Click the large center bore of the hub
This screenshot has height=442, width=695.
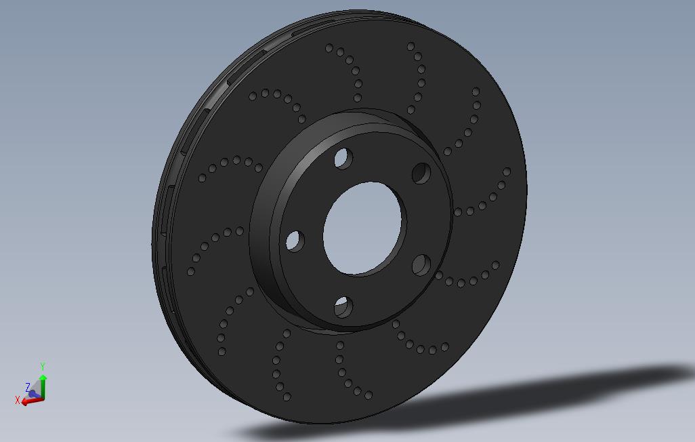(362, 228)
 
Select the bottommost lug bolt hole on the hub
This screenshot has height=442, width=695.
(343, 308)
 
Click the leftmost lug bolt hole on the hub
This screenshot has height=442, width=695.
(295, 241)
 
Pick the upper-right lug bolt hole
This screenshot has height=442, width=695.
(421, 173)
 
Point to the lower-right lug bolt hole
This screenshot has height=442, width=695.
(421, 264)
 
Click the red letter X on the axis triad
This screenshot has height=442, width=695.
(18, 400)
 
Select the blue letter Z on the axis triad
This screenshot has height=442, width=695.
(28, 387)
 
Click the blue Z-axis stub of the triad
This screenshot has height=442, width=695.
(33, 393)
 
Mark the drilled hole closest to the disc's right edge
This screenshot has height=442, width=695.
(507, 172)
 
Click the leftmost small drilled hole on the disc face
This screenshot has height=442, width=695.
(191, 271)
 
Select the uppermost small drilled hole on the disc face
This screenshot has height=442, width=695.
(410, 46)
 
